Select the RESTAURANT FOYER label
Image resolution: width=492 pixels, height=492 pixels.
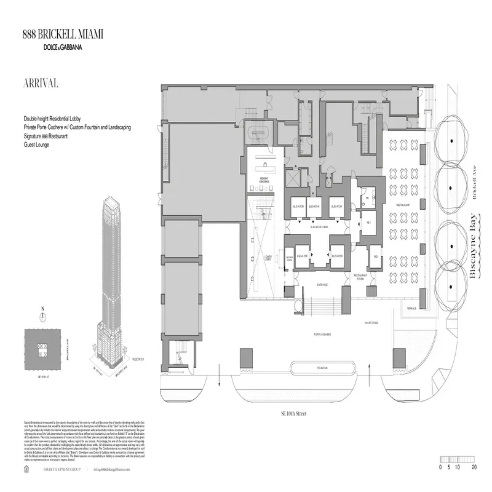tap(360, 276)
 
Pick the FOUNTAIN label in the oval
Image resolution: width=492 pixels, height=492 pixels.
tap(322, 368)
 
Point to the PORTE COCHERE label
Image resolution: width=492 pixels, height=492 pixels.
tap(323, 336)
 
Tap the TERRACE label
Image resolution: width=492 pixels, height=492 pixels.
tap(411, 308)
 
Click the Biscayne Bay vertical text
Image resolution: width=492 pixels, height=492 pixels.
tap(474, 246)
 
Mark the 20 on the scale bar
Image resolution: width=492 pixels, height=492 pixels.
tap(474, 467)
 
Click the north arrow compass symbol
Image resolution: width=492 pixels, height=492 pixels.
tap(42, 317)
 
